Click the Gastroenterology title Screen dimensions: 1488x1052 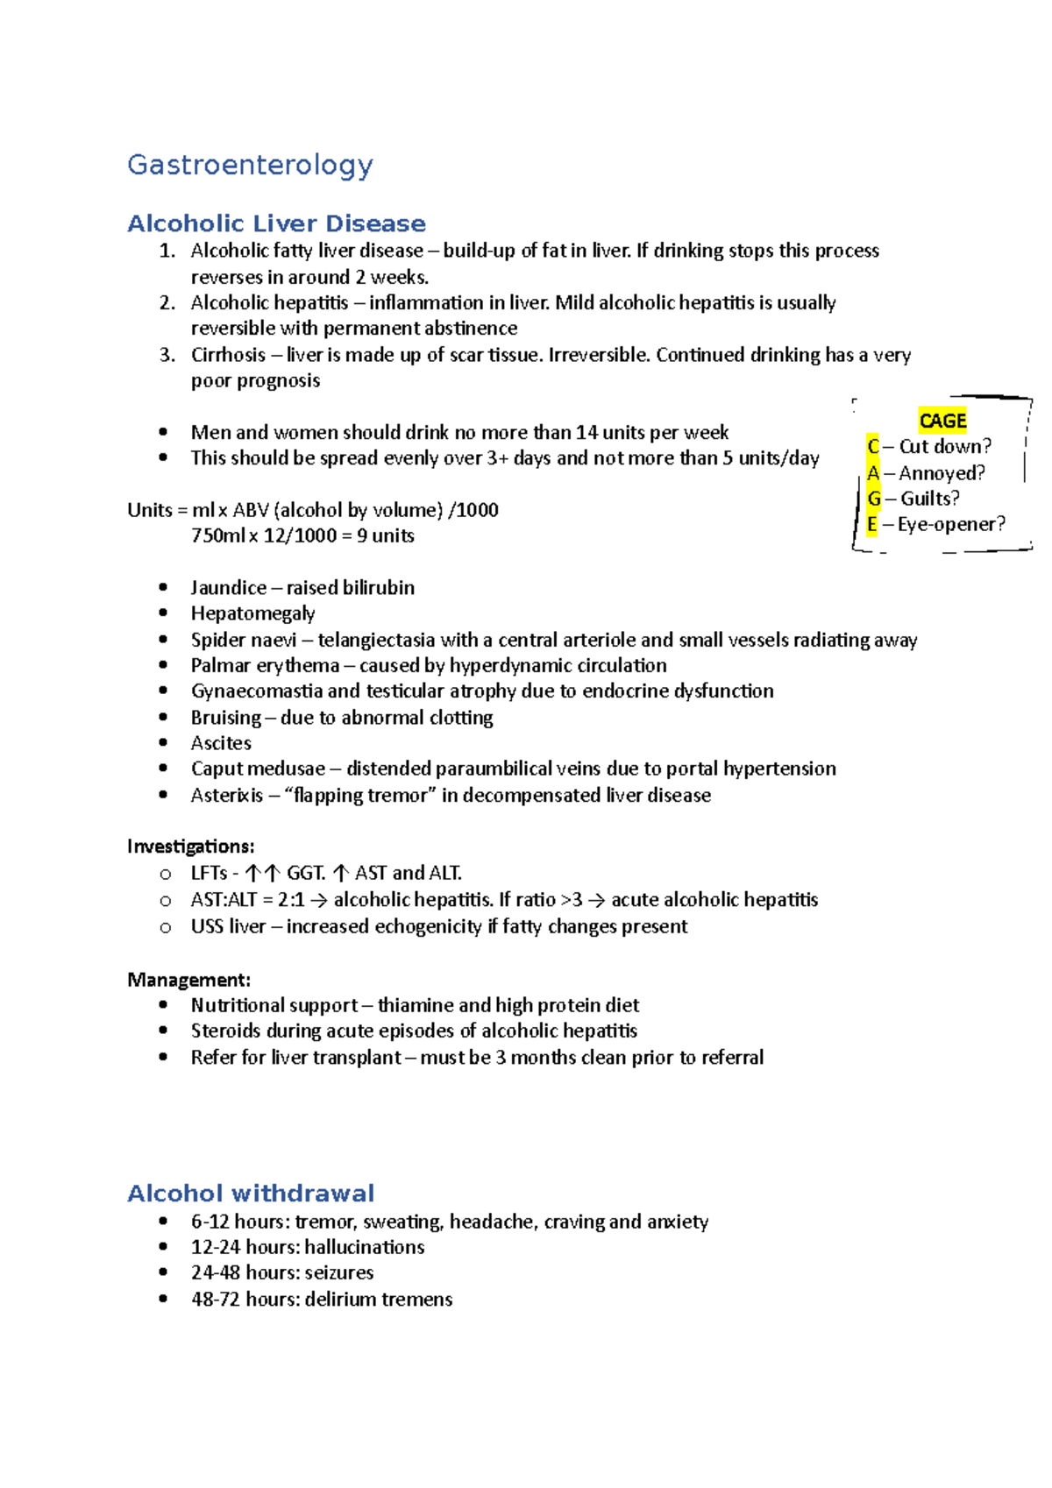(x=250, y=165)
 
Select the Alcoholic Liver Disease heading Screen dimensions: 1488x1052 (x=276, y=223)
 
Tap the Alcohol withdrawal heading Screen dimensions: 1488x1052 (x=251, y=1193)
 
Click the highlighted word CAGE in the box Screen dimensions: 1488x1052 (x=942, y=421)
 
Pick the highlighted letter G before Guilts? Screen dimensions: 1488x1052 (x=873, y=499)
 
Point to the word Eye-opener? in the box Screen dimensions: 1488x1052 (x=951, y=524)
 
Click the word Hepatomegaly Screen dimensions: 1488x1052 (x=252, y=613)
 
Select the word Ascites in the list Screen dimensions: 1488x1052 (x=221, y=743)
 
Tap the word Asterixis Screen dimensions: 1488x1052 (x=226, y=795)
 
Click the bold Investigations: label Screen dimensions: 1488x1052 (x=190, y=847)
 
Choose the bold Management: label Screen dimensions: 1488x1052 (x=188, y=980)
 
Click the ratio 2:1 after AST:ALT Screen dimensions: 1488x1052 (x=291, y=900)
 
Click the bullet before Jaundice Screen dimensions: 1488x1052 (x=163, y=588)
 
